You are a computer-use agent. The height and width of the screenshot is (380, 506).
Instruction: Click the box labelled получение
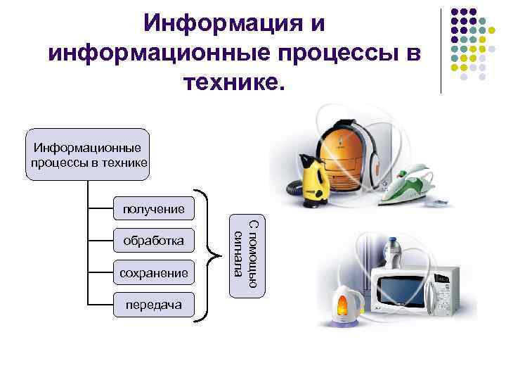(x=153, y=208)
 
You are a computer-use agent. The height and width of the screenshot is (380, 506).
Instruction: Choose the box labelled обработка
(x=153, y=241)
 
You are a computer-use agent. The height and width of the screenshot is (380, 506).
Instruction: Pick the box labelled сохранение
(x=153, y=273)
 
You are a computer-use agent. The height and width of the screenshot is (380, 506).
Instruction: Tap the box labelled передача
(x=153, y=305)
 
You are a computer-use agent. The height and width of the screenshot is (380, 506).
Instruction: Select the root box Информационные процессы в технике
(x=88, y=156)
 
